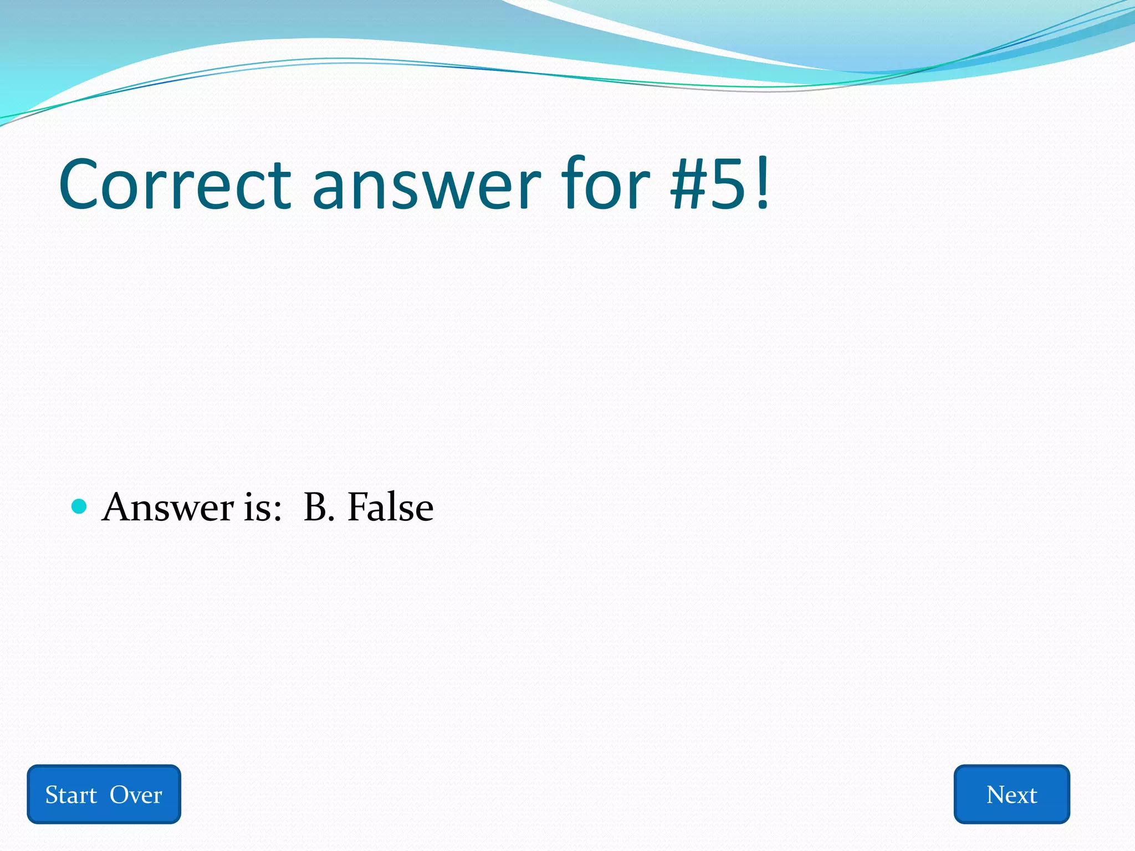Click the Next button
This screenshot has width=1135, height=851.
point(1011,794)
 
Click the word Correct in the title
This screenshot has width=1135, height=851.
point(175,184)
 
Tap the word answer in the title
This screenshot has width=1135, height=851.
point(426,184)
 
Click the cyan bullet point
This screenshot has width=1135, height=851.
point(80,506)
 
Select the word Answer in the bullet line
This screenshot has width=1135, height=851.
point(168,507)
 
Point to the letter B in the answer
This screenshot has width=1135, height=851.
point(316,507)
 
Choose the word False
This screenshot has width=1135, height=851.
point(390,507)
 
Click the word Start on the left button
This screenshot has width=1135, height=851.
point(71,795)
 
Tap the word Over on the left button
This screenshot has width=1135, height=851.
point(136,795)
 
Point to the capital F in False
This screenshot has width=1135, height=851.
point(357,507)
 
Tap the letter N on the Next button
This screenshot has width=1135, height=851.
point(996,795)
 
